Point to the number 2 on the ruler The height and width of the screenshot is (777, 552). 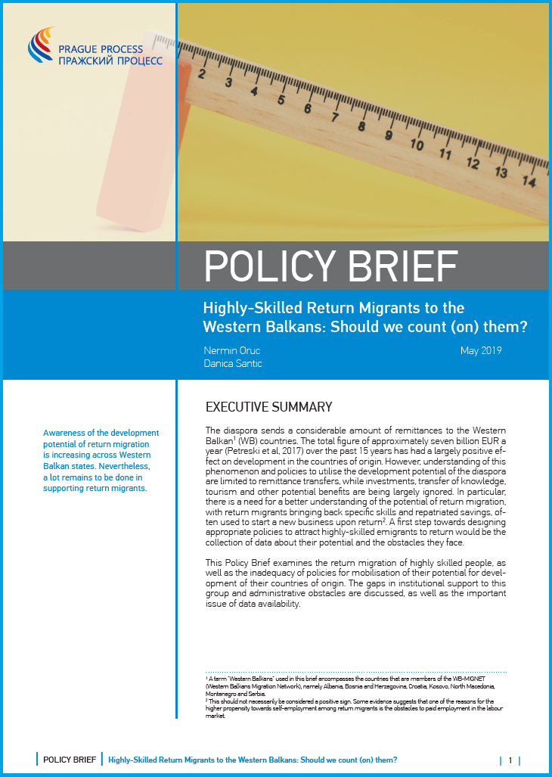coord(202,74)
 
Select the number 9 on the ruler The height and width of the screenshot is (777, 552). coord(389,135)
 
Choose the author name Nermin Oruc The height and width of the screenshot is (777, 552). coord(232,350)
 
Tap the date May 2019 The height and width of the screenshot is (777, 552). coord(481,350)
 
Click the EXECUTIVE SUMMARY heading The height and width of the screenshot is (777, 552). coord(268,407)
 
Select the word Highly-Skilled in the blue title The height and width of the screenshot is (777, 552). coord(246,308)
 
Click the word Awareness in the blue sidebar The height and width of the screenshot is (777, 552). coord(66,433)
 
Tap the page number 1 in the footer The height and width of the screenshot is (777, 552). coord(510,760)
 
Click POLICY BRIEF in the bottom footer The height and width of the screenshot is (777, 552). coord(69,760)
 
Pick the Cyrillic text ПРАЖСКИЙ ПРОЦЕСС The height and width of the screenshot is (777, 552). coord(110,60)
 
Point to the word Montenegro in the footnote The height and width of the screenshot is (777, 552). coord(221,693)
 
